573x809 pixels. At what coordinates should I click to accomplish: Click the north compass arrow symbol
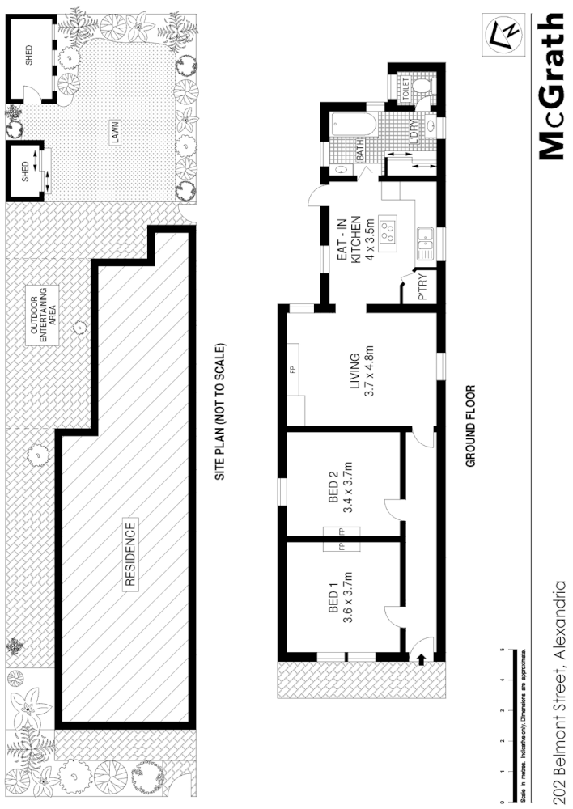503,34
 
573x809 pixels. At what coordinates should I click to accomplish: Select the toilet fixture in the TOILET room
422,87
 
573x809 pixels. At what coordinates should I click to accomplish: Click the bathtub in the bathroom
354,126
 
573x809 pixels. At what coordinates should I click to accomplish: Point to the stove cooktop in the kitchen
388,233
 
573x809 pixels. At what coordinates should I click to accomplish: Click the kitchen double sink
426,241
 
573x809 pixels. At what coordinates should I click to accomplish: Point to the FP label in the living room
292,370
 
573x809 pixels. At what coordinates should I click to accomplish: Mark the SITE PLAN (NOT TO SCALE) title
219,413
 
